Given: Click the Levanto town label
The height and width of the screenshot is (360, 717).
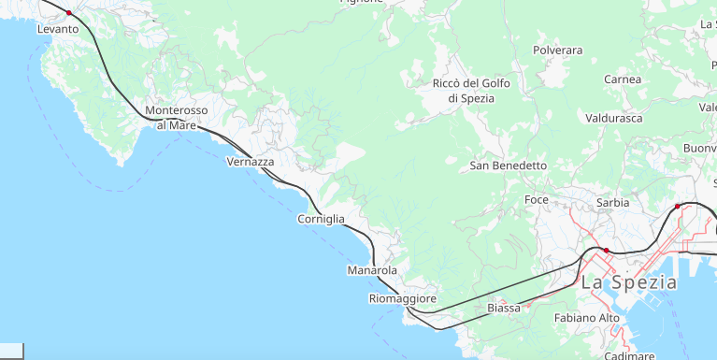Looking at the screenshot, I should [58, 29].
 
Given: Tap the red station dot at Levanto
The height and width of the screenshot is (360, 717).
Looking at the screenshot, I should [69, 13].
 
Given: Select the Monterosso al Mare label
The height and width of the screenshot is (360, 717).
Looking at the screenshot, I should [177, 117].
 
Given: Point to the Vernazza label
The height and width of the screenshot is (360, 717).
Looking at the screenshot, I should [251, 162].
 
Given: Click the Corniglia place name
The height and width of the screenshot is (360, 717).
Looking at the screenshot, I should [321, 219].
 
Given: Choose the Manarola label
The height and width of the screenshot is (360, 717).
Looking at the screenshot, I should [372, 270].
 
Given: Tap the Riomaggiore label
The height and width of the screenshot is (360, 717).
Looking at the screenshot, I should [403, 298].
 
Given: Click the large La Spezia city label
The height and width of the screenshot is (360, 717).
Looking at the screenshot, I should [629, 281].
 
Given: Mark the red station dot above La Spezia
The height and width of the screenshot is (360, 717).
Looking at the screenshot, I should [606, 251].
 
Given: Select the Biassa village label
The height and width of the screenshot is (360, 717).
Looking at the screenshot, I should [504, 308].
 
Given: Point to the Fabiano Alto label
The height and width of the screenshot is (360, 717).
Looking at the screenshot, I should [587, 318].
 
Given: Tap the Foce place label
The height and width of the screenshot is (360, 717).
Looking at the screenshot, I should [537, 200].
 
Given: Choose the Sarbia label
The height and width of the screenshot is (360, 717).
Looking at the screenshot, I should [612, 202].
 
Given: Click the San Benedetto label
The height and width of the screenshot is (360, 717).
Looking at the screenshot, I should [508, 166].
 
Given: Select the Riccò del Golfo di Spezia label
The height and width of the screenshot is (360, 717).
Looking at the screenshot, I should [471, 91].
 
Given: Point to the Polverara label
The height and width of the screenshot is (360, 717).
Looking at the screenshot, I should [557, 50].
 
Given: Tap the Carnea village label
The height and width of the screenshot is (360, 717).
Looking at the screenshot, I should [624, 79].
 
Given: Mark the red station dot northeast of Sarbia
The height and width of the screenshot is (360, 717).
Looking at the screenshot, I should [678, 206].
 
